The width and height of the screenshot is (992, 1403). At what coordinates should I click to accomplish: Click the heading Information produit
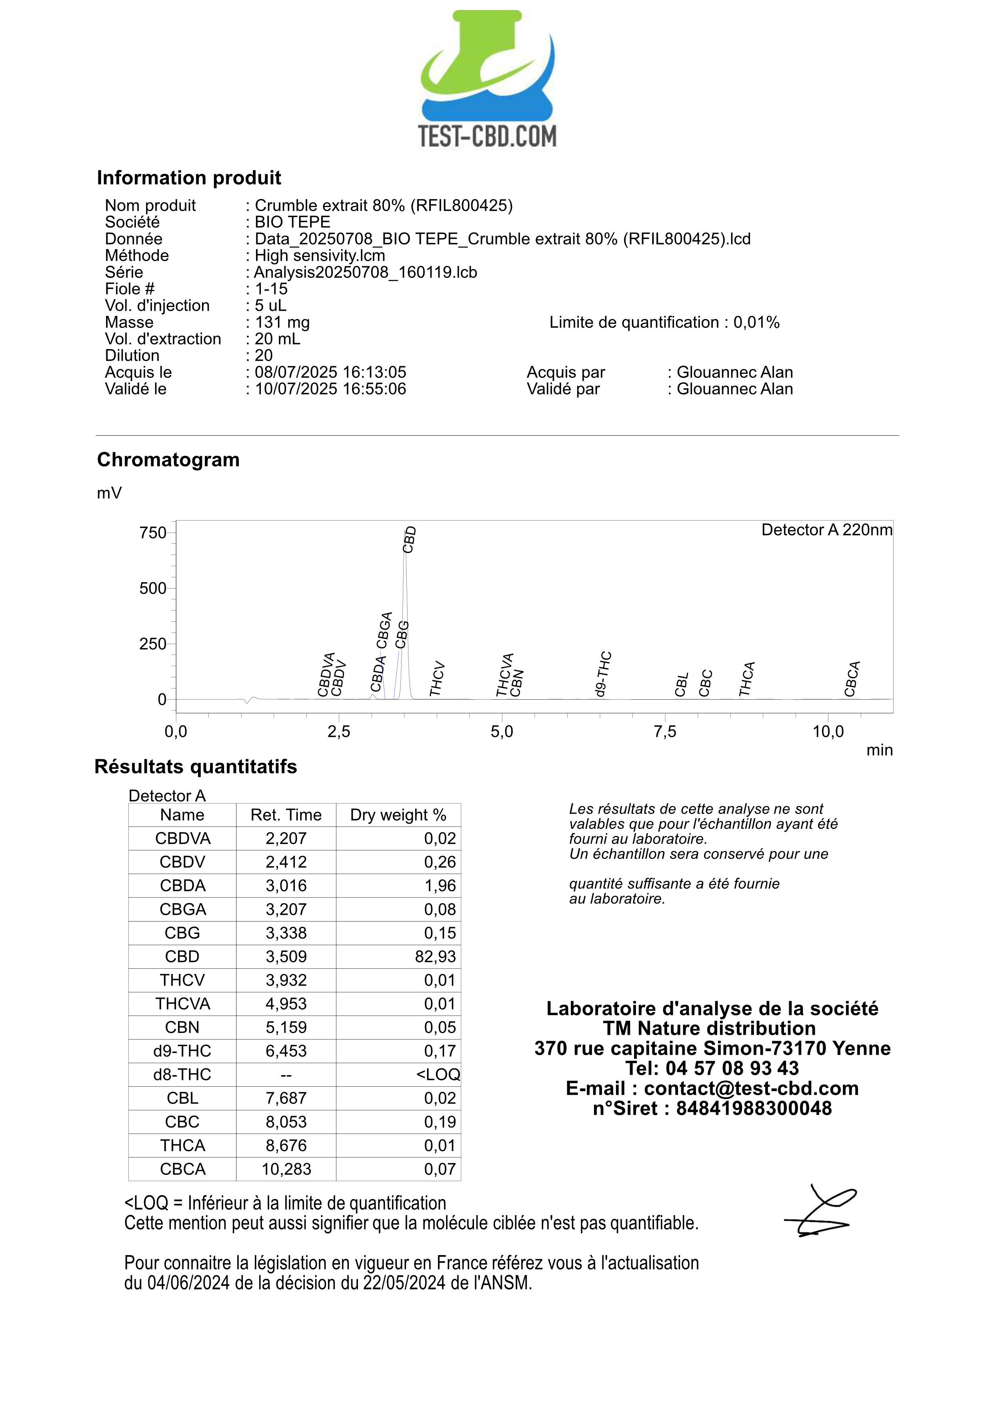point(189,178)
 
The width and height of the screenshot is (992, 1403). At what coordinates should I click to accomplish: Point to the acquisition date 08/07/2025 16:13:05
point(330,372)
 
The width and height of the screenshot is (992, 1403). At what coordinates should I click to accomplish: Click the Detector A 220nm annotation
point(826,530)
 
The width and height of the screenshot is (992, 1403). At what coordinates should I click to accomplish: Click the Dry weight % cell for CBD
point(435,956)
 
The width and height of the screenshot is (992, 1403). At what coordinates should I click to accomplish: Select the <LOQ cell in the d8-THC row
point(438,1074)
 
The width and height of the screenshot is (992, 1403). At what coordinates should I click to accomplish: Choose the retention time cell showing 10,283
point(286,1169)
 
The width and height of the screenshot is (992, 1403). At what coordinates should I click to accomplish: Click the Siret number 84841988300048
point(754,1108)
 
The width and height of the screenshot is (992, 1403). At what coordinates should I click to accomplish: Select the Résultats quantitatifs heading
point(196,767)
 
